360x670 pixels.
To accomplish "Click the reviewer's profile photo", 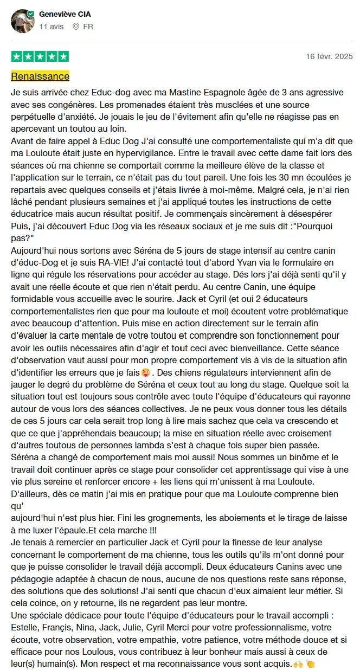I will coord(22,20).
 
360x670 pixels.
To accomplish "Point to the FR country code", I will coord(88,26).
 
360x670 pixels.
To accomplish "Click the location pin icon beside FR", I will coord(76,26).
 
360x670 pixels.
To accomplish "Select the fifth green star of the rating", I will coord(63,56).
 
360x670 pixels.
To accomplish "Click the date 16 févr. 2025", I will coord(329,56).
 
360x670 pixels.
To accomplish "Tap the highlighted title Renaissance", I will coord(40,76).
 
